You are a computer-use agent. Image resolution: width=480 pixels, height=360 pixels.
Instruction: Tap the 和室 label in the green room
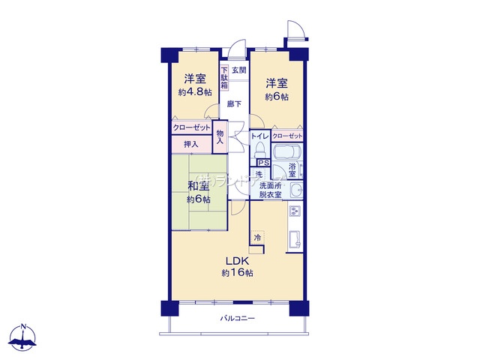tap(198, 187)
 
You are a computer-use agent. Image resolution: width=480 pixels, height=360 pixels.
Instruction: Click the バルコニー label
tap(237, 319)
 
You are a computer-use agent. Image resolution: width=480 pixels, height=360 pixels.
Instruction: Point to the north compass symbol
tap(24, 338)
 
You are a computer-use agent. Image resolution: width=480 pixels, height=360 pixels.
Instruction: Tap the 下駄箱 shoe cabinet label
tap(224, 79)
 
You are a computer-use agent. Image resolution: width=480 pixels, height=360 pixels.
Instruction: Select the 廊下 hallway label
tap(235, 103)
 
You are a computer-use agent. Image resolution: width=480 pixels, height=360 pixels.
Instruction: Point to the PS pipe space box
tap(262, 162)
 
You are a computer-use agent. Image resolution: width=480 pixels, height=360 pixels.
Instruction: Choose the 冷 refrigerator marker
tap(257, 238)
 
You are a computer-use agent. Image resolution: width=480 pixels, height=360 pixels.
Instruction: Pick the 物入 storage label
tap(220, 136)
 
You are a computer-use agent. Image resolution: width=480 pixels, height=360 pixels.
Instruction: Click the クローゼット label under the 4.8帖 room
tap(191, 128)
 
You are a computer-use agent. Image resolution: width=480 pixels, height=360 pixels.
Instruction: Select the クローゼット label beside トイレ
tap(287, 136)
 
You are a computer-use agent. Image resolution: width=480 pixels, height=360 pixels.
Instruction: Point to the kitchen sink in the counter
tap(295, 240)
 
